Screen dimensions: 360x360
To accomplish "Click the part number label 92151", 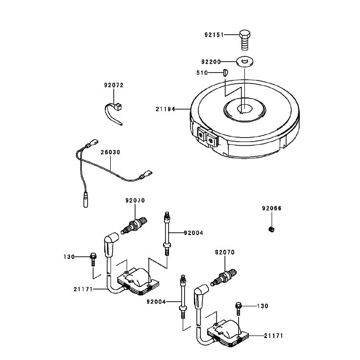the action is [x=214, y=35].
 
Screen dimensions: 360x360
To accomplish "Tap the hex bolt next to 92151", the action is [x=245, y=40].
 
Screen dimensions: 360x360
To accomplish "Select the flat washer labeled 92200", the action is [x=245, y=61].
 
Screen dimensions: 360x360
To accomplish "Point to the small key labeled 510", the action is [x=225, y=73].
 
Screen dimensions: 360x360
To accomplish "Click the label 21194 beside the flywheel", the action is [x=166, y=109].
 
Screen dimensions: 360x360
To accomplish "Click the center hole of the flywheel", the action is [x=245, y=108].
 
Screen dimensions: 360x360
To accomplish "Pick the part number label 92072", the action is [x=114, y=85].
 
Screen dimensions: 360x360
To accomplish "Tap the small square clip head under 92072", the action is [x=118, y=107].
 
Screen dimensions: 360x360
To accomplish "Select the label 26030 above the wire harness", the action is [x=110, y=152].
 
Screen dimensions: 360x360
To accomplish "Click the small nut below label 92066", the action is [x=271, y=229].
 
